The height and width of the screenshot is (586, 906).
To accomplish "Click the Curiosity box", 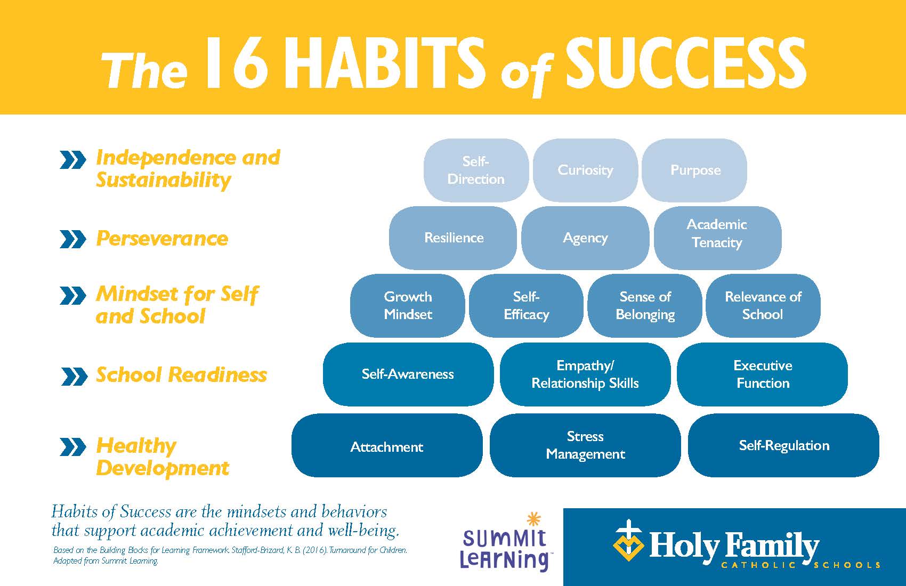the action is (x=585, y=170).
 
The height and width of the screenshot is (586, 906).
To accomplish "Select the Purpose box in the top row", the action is (x=694, y=170).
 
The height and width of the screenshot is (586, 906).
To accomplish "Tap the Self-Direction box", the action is (x=476, y=170).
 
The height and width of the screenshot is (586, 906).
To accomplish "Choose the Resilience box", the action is (x=453, y=238).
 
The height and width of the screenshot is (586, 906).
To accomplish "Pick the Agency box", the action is (x=585, y=238).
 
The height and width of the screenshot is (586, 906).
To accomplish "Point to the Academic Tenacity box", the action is (x=717, y=238).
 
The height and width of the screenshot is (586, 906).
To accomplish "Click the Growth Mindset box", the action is (x=408, y=306).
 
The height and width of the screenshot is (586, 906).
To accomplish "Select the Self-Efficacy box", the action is (x=526, y=306).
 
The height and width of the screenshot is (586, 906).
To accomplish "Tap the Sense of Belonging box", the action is (x=645, y=306).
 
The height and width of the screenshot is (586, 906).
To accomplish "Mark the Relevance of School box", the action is (x=763, y=306).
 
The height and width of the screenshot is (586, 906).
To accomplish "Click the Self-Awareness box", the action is (x=408, y=374).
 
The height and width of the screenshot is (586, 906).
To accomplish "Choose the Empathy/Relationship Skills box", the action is (x=585, y=374).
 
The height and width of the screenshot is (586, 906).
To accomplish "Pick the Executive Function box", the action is (x=763, y=374).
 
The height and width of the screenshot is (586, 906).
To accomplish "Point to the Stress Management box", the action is (x=585, y=445).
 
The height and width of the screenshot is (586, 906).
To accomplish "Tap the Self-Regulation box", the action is (x=783, y=445).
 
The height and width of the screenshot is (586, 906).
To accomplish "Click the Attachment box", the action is (x=387, y=445).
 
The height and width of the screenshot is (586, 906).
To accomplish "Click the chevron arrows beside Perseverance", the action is (x=73, y=239).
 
